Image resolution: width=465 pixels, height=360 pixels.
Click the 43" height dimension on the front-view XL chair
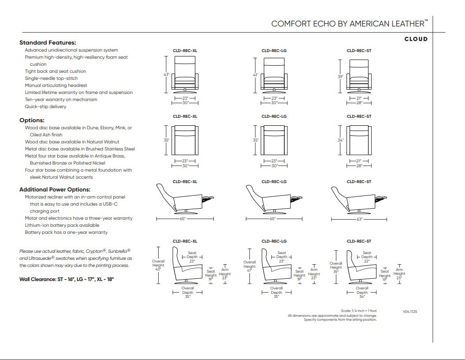166,75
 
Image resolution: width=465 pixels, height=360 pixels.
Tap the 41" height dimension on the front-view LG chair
255,75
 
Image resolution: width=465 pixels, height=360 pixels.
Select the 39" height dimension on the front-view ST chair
340,77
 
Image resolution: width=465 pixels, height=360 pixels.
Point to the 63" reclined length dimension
359,219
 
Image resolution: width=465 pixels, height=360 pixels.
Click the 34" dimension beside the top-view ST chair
340,140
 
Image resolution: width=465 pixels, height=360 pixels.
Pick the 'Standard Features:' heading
48,43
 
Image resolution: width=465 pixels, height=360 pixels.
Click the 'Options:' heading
32,120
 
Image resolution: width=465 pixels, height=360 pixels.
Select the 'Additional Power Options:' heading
55,190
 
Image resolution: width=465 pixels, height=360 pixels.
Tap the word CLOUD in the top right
416,39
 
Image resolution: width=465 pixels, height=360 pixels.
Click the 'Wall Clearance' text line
67,279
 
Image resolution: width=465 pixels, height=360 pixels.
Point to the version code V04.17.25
410,311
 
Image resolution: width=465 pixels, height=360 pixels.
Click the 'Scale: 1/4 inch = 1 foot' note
358,311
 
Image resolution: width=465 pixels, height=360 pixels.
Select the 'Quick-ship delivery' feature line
45,107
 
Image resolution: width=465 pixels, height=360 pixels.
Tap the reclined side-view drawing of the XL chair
185,199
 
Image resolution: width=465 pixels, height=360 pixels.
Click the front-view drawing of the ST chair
359,75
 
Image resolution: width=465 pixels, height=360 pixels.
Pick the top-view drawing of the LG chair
274,140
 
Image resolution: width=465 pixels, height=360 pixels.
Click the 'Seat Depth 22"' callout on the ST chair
367,257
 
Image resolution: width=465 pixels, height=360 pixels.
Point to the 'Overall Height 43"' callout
158,265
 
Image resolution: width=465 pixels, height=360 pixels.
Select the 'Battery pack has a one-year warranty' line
66,232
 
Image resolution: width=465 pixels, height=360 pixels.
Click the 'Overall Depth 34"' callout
362,292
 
